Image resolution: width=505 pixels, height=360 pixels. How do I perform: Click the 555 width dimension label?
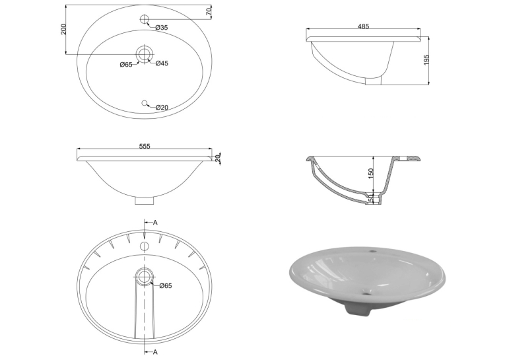tap(145, 147)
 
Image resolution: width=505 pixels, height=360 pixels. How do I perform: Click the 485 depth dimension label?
tap(363, 26)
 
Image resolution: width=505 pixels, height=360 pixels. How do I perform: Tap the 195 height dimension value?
tap(426, 60)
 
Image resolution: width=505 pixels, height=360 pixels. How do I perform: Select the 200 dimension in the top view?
tap(63, 29)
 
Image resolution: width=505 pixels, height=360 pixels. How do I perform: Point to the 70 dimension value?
tap(209, 12)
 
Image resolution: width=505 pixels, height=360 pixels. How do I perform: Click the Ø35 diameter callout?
tap(162, 28)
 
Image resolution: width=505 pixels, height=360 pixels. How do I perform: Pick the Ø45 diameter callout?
tap(162, 63)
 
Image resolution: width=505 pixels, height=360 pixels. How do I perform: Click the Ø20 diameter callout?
tap(162, 107)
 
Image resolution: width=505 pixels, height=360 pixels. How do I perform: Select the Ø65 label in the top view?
tap(126, 65)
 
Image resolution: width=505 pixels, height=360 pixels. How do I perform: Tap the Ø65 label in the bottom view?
tap(166, 285)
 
